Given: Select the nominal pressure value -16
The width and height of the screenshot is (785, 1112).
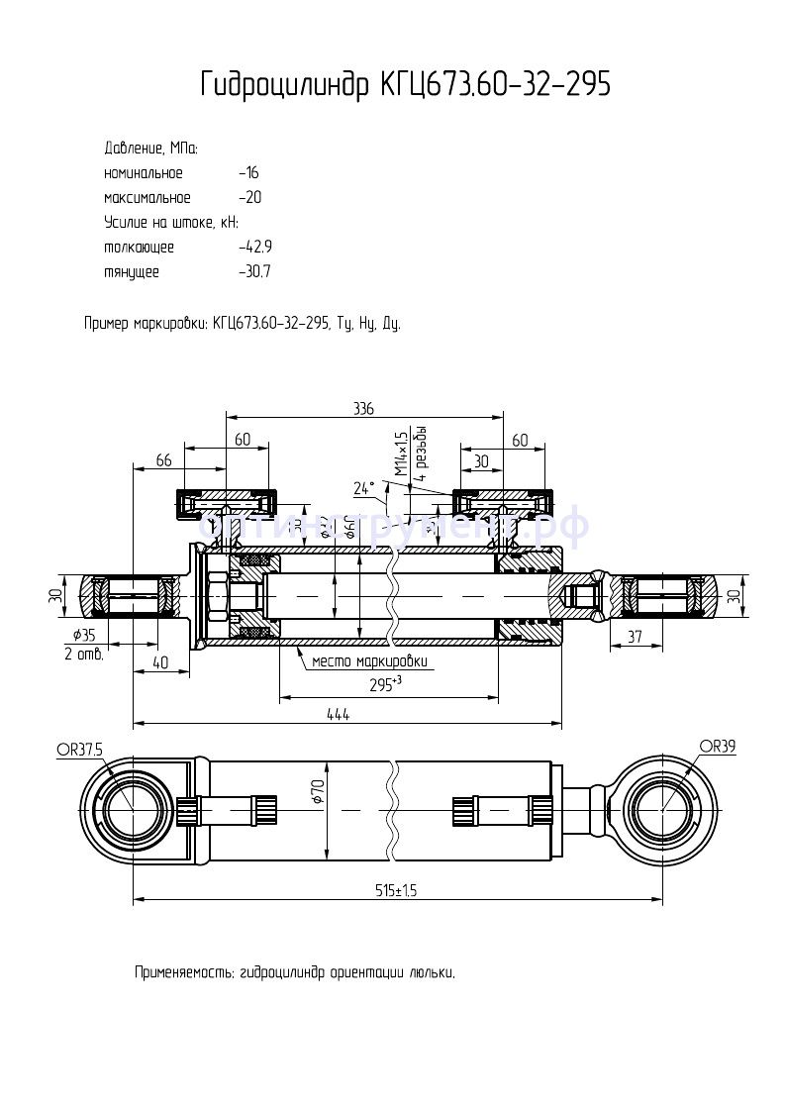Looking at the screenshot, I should (x=248, y=173).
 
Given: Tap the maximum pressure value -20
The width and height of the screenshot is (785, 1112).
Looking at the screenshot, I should (x=249, y=198).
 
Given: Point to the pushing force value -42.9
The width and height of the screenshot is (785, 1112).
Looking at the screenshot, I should (x=255, y=247).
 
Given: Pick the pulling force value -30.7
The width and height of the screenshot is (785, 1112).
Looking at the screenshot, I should (x=255, y=271).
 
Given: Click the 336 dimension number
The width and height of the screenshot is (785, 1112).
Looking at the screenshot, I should (x=363, y=409).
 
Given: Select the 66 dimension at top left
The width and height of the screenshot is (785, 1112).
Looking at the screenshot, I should (x=164, y=460).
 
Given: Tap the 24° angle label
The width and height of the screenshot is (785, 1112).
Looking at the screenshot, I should (x=364, y=488).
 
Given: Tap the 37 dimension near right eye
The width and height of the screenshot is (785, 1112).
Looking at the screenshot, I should (x=637, y=637).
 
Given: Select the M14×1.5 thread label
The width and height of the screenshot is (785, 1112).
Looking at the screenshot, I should (x=401, y=455).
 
